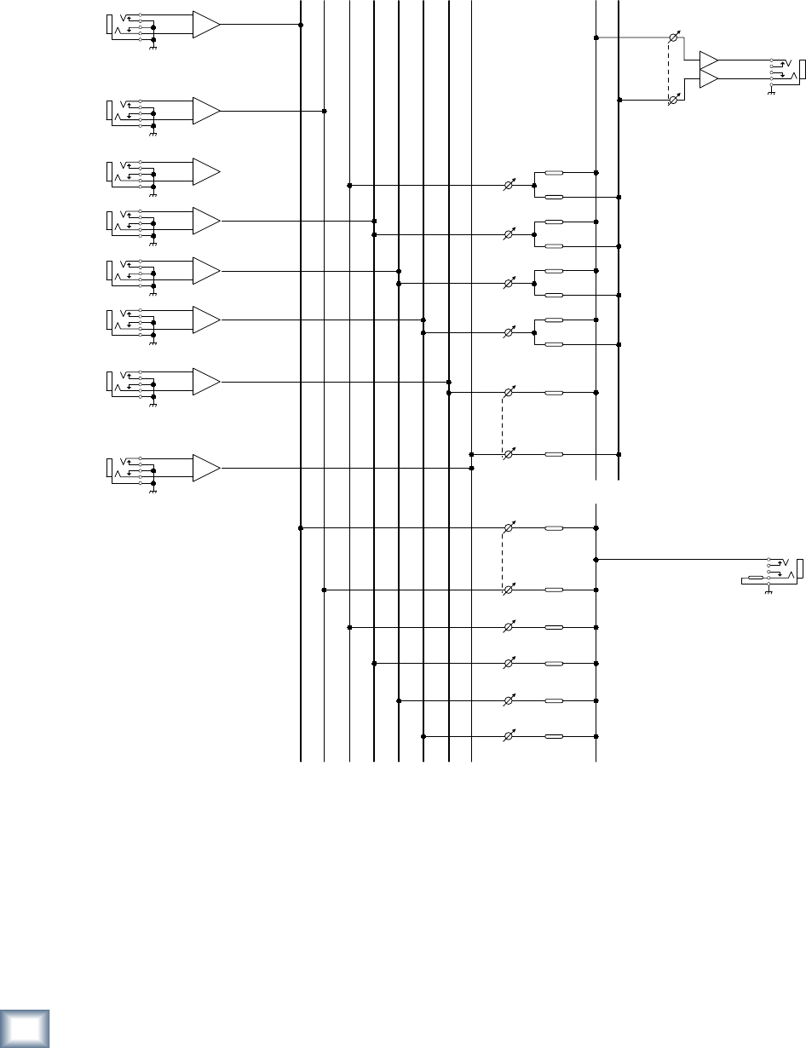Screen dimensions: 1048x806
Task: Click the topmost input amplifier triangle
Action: pyautogui.click(x=205, y=25)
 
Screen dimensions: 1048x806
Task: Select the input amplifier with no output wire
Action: pyautogui.click(x=205, y=172)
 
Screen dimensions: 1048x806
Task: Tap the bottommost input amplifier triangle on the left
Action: pyautogui.click(x=205, y=468)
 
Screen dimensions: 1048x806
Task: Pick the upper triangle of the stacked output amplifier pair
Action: pyautogui.click(x=708, y=61)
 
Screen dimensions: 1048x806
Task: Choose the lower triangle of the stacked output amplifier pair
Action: pyautogui.click(x=708, y=79)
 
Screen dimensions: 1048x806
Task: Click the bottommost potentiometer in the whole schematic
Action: pyautogui.click(x=509, y=736)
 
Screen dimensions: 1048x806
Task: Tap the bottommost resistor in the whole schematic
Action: pyautogui.click(x=553, y=736)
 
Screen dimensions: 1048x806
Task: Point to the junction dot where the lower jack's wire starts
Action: pyautogui.click(x=596, y=560)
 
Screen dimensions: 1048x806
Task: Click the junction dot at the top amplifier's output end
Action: pyautogui.click(x=301, y=25)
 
